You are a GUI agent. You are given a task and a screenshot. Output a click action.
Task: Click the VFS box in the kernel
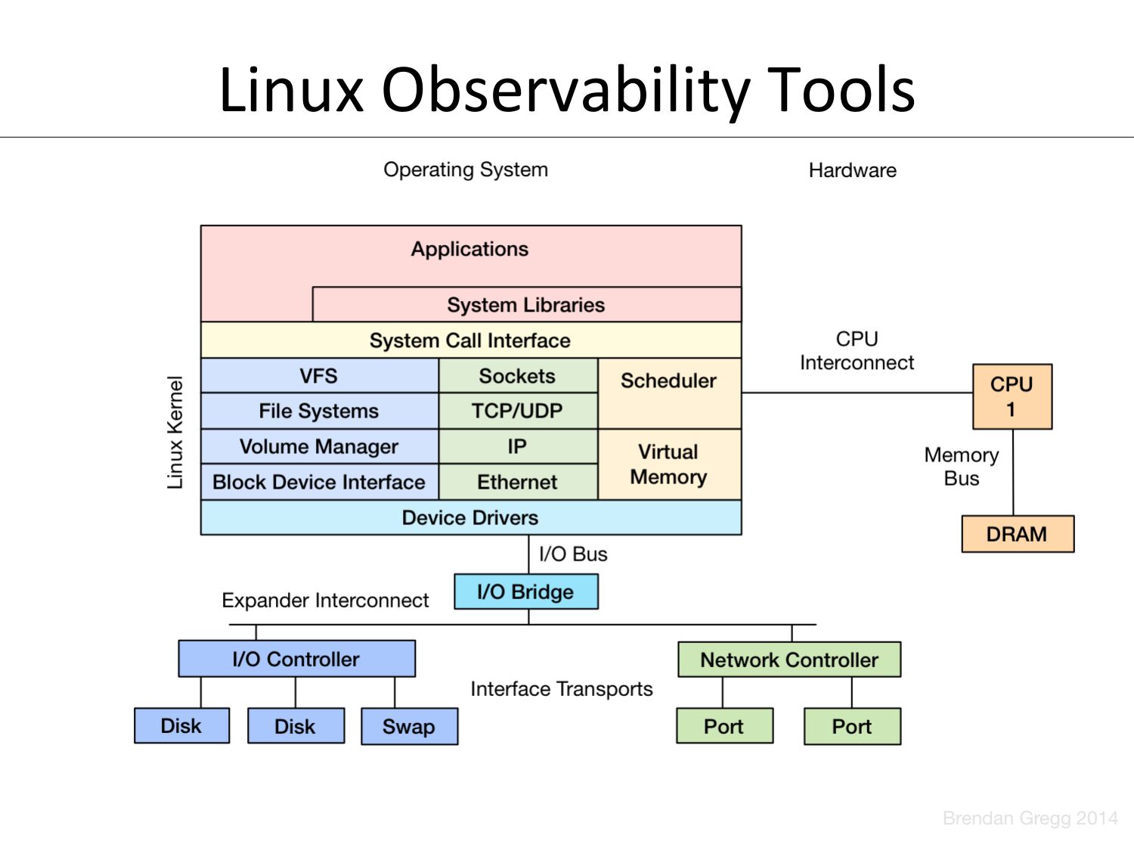pos(319,376)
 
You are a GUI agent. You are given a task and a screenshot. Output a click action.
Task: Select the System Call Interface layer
pos(470,340)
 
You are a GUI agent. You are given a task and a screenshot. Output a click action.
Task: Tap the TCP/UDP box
pos(518,411)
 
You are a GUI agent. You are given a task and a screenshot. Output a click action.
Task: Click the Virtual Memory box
pos(669,464)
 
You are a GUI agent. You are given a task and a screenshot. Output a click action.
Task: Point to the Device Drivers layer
pos(470,517)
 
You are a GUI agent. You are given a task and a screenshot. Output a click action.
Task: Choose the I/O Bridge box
pos(525,592)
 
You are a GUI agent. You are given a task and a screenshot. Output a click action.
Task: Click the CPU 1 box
pos(1012,397)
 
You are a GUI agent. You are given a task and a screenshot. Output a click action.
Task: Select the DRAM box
pos(1017,534)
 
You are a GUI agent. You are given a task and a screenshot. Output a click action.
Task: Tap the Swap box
pos(409,726)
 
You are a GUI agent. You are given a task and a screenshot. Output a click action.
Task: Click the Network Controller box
pos(789,660)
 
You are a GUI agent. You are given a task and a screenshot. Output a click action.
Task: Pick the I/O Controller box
pos(296,659)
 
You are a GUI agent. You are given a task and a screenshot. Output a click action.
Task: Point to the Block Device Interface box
pos(319,482)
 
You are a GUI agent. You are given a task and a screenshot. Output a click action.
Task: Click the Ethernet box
pos(518,482)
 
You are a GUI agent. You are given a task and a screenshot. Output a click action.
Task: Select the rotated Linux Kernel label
pos(175,433)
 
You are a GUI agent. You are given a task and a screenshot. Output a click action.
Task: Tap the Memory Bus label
pos(962,467)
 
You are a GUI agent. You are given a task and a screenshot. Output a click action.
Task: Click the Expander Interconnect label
pos(325,601)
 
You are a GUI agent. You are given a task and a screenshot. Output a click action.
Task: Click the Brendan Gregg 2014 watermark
pos(1030,818)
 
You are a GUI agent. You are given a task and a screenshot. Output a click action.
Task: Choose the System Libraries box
pos(526,305)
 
